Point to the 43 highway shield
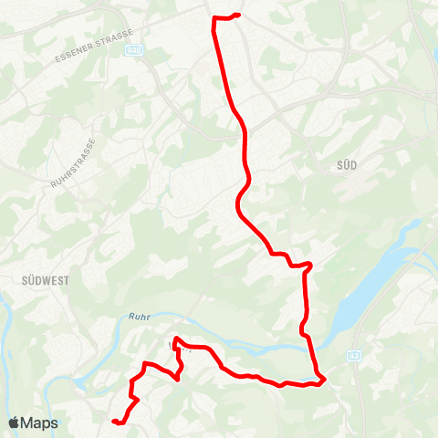pyautogui.click(x=355, y=355)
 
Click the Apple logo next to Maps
pyautogui.click(x=15, y=423)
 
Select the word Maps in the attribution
pyautogui.click(x=40, y=423)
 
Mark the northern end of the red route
pyautogui.click(x=237, y=15)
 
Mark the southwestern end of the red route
pyautogui.click(x=114, y=421)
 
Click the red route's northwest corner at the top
pyautogui.click(x=214, y=19)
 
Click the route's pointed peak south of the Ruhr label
pyautogui.click(x=173, y=339)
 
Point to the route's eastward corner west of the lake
pyautogui.click(x=311, y=265)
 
